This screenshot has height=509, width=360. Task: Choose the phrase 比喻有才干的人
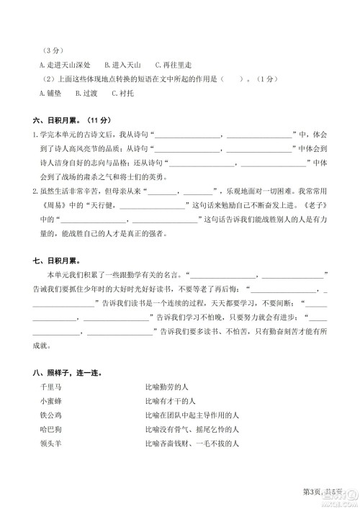point(174,401)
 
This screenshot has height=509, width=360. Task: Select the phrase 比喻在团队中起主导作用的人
point(191,415)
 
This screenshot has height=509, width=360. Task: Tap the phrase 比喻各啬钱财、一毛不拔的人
point(193,443)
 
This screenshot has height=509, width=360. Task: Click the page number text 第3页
point(312,491)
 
